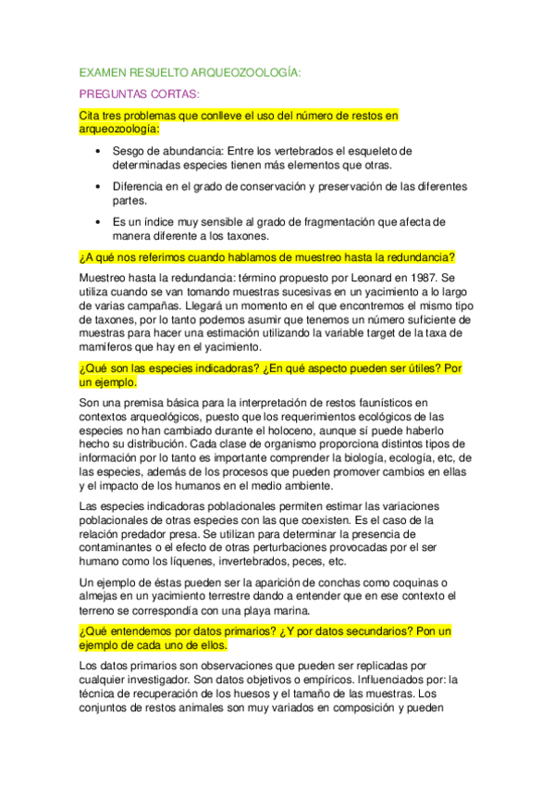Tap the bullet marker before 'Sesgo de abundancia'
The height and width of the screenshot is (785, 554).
coord(100,150)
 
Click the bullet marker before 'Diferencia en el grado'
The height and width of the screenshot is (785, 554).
coord(100,186)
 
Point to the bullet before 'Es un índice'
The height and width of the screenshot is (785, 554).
coord(100,222)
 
